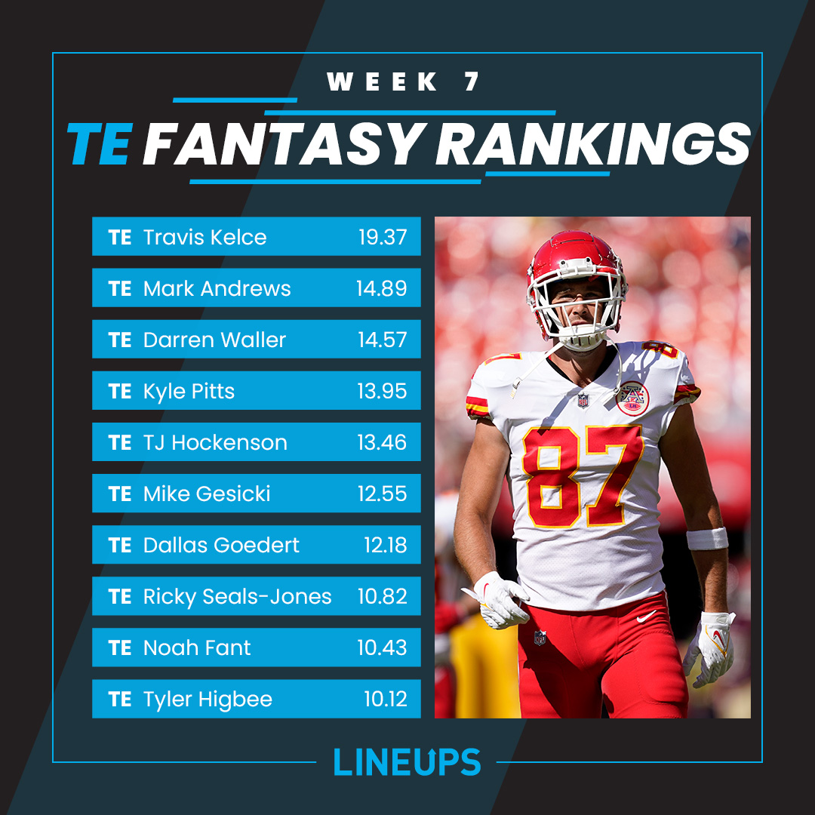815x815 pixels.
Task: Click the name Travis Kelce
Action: tap(205, 237)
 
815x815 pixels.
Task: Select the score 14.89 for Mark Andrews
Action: tap(382, 288)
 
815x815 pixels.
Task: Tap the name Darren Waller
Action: tap(214, 340)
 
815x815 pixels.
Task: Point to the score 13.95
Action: tap(382, 391)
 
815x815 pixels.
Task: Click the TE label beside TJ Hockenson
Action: tap(120, 442)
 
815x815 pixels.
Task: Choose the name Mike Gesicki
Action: tap(207, 494)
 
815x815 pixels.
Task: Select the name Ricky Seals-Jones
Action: tap(237, 596)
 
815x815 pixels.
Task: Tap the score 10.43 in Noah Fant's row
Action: tap(382, 647)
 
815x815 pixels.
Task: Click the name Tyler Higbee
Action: tap(208, 699)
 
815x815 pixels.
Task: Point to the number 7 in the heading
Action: tap(472, 81)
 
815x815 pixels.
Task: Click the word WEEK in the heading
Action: tap(383, 81)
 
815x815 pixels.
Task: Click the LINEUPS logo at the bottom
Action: tap(407, 761)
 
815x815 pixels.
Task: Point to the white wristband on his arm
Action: tap(707, 538)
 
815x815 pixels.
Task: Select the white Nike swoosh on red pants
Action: tap(646, 617)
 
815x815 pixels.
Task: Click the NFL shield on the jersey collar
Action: tap(583, 400)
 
